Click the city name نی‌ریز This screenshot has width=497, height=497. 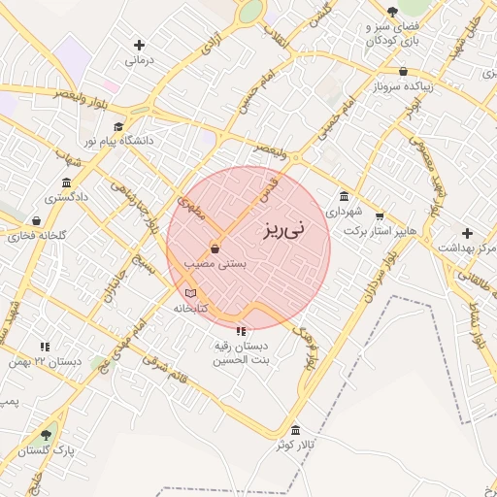[x=282, y=229]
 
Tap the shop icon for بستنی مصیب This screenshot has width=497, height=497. [x=214, y=249]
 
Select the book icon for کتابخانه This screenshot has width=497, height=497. [x=190, y=293]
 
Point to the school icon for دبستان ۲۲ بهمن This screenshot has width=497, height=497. [x=45, y=347]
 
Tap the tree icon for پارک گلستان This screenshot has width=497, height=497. [x=46, y=436]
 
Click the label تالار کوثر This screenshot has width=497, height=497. [x=296, y=444]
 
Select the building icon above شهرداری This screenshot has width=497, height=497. [x=344, y=196]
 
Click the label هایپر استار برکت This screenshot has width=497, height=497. [x=380, y=232]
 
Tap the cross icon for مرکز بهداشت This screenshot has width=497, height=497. [x=468, y=233]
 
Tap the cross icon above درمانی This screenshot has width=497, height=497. [x=140, y=45]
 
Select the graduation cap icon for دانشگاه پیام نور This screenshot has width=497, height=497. [x=118, y=126]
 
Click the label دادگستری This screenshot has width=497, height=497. [x=66, y=197]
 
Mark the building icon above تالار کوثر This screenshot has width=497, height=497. [x=296, y=429]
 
